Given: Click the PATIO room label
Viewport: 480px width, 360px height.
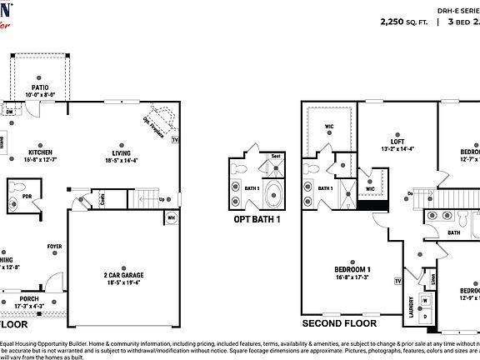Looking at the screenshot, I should [39, 86].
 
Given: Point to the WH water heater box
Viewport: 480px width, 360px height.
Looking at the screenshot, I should [172, 218].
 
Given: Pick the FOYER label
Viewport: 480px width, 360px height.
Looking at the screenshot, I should [54, 247].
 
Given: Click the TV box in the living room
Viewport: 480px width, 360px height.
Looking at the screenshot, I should [175, 140].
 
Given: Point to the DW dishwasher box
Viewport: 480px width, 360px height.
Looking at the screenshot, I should [10, 109].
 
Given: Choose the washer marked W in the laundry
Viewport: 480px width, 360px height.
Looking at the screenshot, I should [426, 301].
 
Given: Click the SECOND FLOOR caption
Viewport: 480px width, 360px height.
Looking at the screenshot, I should [339, 323].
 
